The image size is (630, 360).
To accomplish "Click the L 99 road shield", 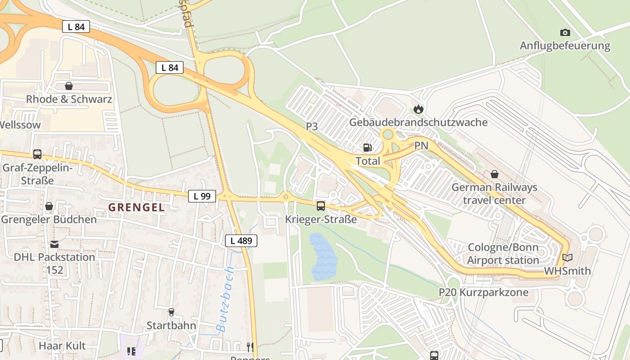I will [x=202, y=196].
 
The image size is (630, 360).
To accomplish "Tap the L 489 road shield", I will [x=241, y=241].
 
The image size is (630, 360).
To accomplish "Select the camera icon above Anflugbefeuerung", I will [x=565, y=32].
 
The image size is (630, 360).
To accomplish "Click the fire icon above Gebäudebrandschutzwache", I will [x=418, y=109].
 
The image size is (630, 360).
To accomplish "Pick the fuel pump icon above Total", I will [x=368, y=148].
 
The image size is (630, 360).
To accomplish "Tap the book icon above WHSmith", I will [x=567, y=258].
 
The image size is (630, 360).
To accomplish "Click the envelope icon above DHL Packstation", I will [x=54, y=244].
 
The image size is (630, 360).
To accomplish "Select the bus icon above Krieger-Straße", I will [x=321, y=206].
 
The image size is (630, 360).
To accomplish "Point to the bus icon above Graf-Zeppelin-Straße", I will [x=37, y=154].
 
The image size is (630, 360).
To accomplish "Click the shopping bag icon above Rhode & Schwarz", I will [x=69, y=86].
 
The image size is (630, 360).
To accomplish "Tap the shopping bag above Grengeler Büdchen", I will [x=49, y=206].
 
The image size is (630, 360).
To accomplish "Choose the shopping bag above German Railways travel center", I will [x=495, y=174].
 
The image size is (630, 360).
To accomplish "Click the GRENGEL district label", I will [x=136, y=207].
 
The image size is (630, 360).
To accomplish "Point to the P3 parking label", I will [x=312, y=126].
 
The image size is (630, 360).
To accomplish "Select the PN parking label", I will [x=421, y=145].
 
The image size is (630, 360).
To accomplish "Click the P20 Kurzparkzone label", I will [x=483, y=292].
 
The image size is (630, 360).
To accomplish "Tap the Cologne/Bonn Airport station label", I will [x=503, y=254].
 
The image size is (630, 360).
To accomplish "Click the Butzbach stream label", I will [x=226, y=299].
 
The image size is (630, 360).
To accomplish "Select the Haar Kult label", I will [x=62, y=346].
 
